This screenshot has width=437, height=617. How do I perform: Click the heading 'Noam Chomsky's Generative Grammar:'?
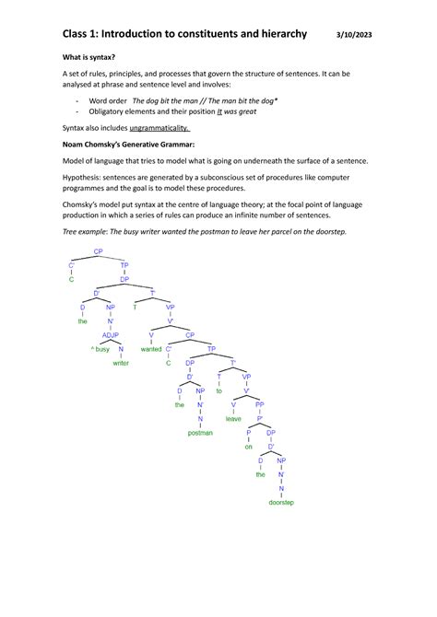129,145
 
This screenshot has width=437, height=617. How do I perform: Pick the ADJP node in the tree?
112,336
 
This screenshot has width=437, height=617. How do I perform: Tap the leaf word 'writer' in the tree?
121,364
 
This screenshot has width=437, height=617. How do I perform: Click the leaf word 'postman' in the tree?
199,432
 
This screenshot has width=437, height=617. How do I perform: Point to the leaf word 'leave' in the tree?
233,418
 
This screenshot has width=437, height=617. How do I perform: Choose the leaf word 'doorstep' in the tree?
281,503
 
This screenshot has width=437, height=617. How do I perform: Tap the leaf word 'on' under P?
248,447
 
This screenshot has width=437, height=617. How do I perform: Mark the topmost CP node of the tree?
99,250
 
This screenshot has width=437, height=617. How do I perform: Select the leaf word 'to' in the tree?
219,390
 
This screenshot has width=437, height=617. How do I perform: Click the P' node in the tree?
260,418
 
